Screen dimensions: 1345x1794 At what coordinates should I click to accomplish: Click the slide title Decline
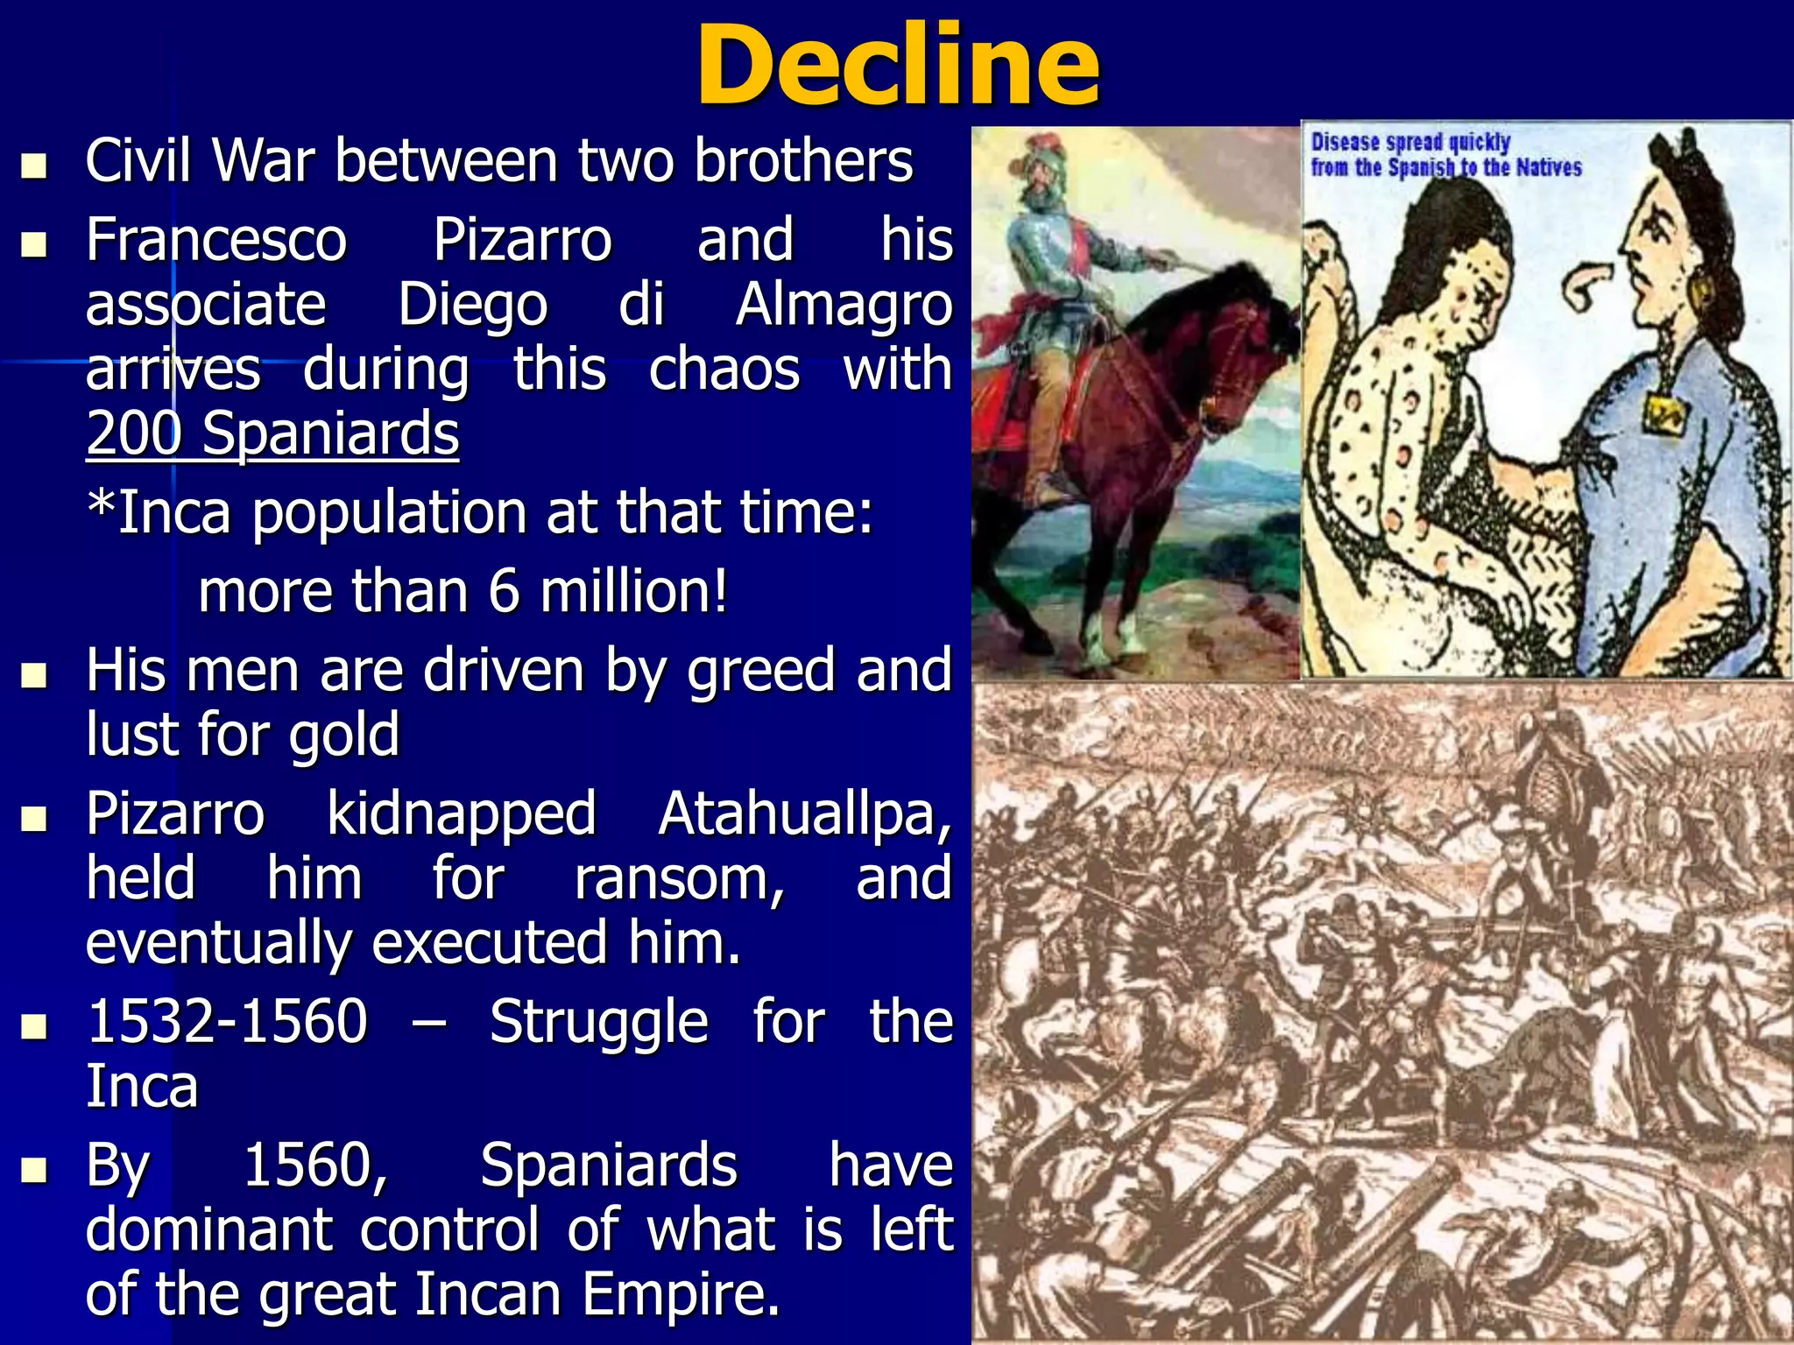pyautogui.click(x=897, y=67)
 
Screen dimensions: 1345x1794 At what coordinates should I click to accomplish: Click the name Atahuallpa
pyautogui.click(x=804, y=813)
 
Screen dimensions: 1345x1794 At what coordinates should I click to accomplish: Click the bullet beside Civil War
pyautogui.click(x=34, y=165)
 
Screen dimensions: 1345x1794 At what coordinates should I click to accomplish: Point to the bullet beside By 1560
pyautogui.click(x=34, y=1169)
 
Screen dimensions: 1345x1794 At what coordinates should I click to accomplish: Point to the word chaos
pyautogui.click(x=724, y=369)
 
